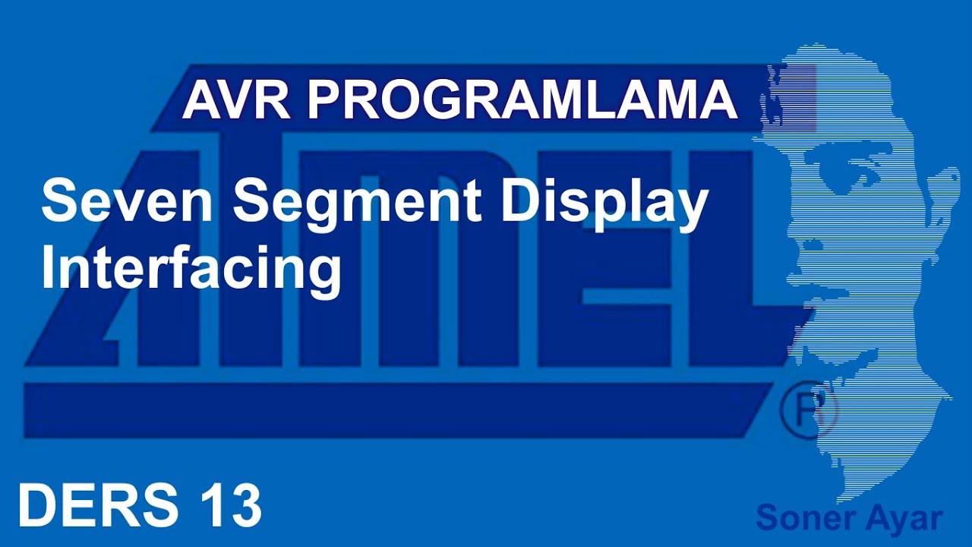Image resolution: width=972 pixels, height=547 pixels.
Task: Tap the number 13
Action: pos(232,506)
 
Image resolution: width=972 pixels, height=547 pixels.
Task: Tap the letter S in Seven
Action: pos(60,202)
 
